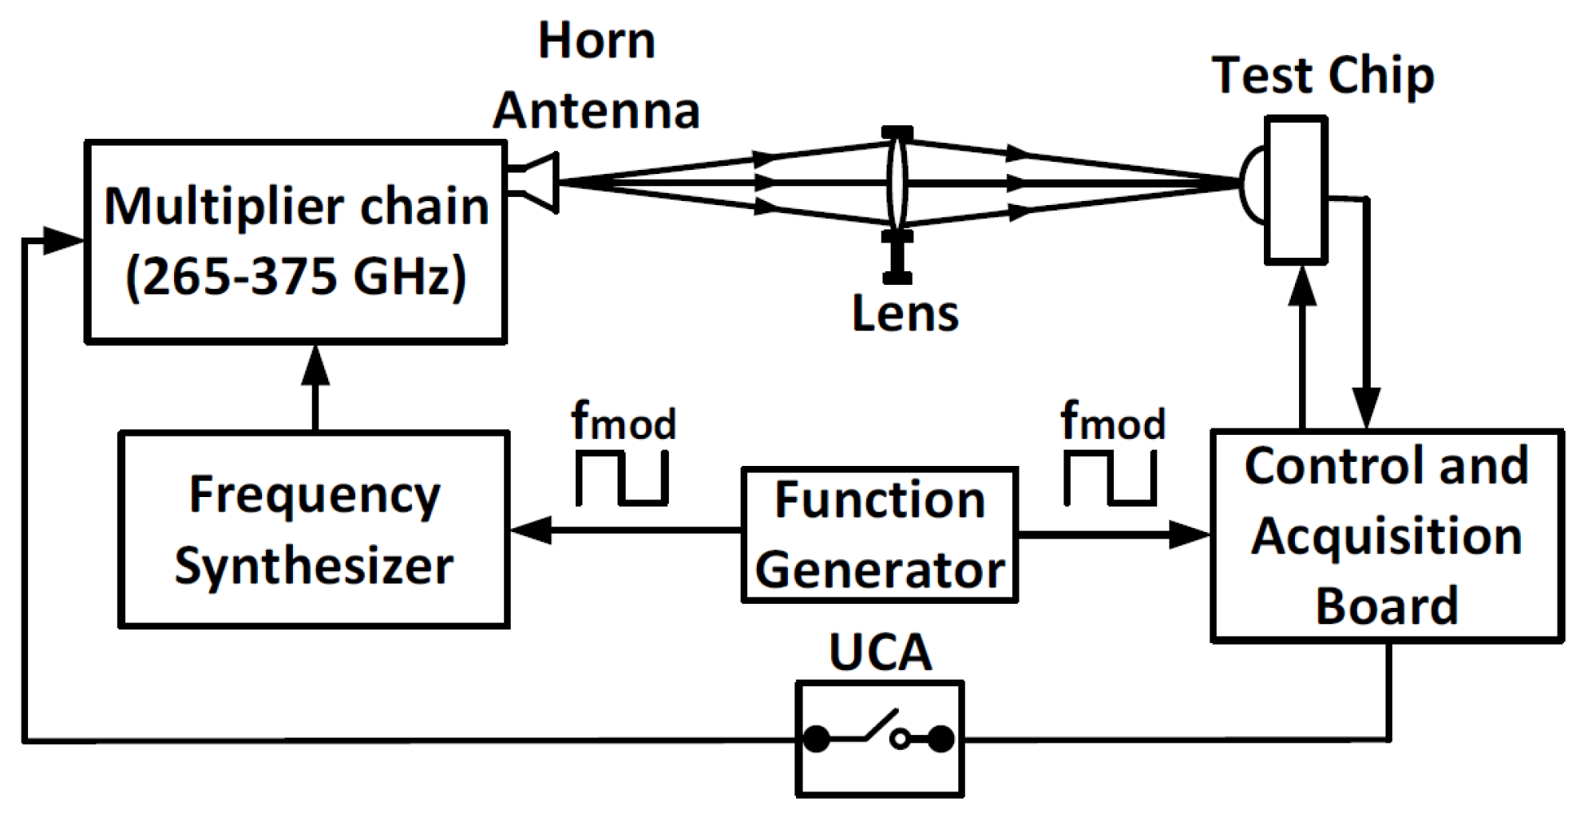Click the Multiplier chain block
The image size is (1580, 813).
(x=295, y=242)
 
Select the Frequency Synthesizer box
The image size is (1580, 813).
(x=314, y=530)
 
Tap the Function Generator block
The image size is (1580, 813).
(x=879, y=535)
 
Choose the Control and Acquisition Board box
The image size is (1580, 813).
(x=1387, y=535)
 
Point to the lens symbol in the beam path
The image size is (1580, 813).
(x=897, y=183)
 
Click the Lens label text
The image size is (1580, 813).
(x=905, y=313)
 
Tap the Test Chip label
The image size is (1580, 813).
(x=1323, y=76)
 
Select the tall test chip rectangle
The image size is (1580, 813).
(x=1296, y=190)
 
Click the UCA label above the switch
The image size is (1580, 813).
(x=880, y=653)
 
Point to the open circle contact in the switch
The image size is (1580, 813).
(x=900, y=739)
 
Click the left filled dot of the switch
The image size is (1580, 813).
(x=816, y=739)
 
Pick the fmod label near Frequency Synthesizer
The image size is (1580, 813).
(x=623, y=420)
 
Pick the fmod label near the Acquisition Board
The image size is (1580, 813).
(x=1112, y=420)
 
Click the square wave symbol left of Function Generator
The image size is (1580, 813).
(x=622, y=479)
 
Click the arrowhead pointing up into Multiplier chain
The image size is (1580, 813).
(x=316, y=365)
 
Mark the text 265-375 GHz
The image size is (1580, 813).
(x=295, y=277)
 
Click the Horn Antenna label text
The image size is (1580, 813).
(x=596, y=76)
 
